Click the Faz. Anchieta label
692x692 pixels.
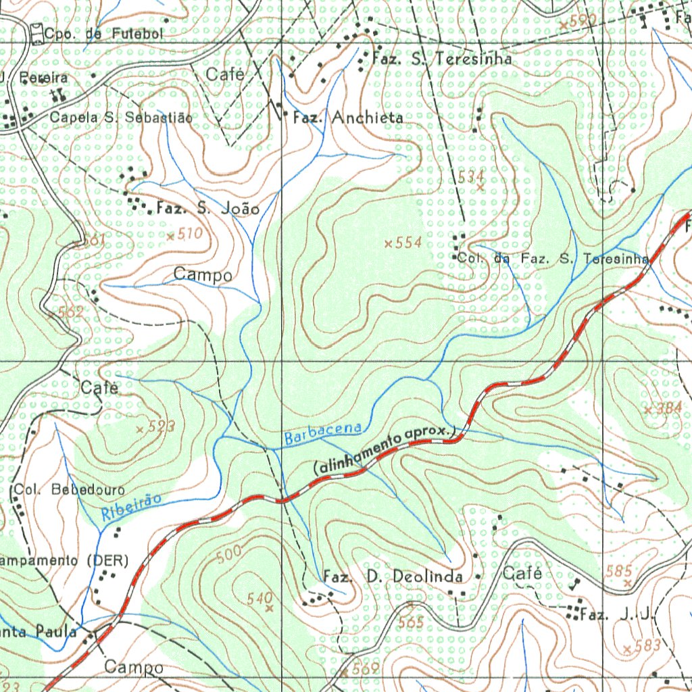point(348,118)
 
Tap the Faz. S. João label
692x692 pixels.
point(207,209)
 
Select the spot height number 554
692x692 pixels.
point(408,243)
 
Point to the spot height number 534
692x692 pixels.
point(471,177)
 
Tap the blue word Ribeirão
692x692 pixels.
point(132,506)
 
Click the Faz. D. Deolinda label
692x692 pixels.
point(393,576)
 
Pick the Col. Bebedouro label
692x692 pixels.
point(69,489)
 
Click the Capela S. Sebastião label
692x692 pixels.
point(121,118)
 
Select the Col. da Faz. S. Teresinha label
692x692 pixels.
point(553,258)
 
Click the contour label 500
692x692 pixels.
point(229,555)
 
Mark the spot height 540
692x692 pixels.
point(259,598)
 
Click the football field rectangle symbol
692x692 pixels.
point(37,32)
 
